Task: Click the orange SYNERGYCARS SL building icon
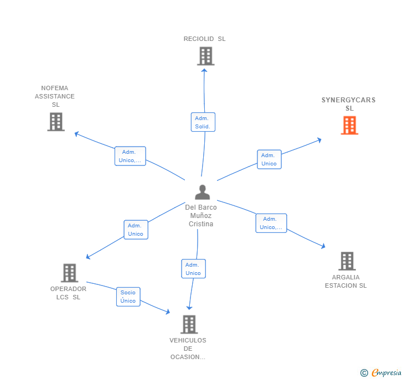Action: [x=349, y=126]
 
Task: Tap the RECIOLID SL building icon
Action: [x=205, y=56]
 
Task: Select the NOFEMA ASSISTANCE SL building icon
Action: [x=56, y=122]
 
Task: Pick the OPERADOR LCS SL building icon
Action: [x=69, y=273]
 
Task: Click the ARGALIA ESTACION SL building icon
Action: [x=347, y=261]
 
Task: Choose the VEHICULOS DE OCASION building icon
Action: [x=189, y=324]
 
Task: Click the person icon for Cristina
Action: [x=203, y=192]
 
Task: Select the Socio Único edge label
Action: [x=128, y=297]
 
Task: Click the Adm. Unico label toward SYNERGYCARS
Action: [x=269, y=159]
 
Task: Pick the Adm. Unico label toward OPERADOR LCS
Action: [x=136, y=230]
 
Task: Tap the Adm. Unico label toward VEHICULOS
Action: [x=193, y=269]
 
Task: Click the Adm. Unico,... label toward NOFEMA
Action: [x=130, y=156]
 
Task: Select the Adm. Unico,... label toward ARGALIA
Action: [x=271, y=223]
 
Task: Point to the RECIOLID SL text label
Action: [x=205, y=39]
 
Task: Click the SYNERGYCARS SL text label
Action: [x=349, y=104]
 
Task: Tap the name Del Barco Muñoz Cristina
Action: [x=201, y=216]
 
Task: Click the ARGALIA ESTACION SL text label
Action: [x=346, y=281]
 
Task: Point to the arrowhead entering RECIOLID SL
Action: [x=204, y=70]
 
